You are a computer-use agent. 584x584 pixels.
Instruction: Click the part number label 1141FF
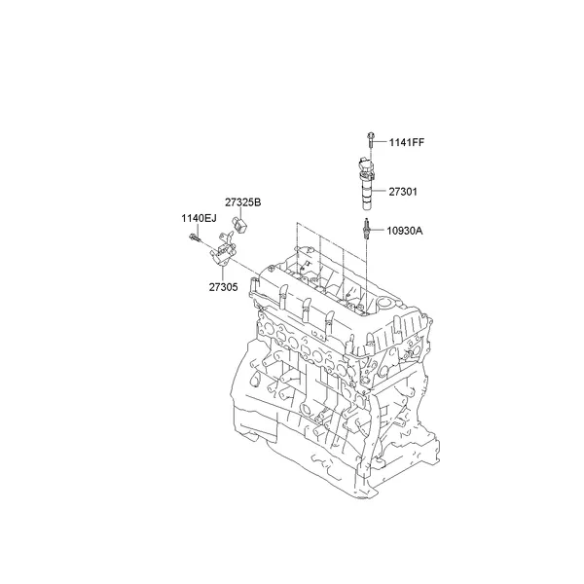[x=407, y=142]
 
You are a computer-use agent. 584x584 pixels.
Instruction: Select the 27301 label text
[x=403, y=192]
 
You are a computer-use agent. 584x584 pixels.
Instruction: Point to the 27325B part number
[x=242, y=201]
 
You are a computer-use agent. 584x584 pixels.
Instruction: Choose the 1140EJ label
[x=197, y=217]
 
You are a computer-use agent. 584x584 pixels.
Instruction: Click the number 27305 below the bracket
[x=222, y=287]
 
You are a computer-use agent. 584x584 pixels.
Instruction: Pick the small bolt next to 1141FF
[x=371, y=140]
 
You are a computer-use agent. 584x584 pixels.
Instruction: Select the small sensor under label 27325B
[x=238, y=228]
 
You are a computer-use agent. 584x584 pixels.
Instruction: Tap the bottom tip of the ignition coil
[x=367, y=208]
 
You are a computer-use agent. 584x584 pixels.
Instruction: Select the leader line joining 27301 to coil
[x=382, y=192]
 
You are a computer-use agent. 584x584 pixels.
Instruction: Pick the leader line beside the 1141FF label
[x=383, y=142]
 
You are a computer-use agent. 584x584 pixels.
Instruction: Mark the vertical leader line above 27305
[x=222, y=274]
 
